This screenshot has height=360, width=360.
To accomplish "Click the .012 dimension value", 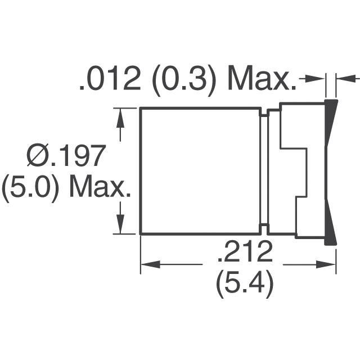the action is pos(110,79).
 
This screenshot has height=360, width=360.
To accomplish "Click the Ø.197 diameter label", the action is pos(66,155).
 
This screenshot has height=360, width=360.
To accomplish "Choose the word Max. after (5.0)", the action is pos(100,186).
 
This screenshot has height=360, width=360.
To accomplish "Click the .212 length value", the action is pos(245,251).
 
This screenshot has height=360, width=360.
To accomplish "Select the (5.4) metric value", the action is pos(245,283).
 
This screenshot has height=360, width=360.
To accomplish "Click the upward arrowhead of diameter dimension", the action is pos(120,119).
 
